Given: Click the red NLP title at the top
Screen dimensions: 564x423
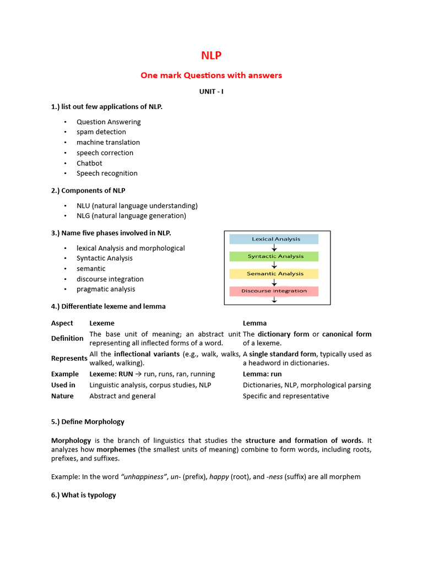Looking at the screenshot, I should [211, 56].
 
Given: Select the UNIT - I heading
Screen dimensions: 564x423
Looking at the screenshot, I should [211, 91].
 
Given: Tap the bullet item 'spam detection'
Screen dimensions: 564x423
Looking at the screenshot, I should [101, 132].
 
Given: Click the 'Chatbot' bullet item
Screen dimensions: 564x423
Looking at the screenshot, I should [89, 163].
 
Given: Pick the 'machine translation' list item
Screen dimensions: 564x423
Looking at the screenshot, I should [108, 143].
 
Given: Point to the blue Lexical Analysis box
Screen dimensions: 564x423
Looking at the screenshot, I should [274, 239].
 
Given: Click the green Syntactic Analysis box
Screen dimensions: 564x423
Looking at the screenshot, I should [274, 256].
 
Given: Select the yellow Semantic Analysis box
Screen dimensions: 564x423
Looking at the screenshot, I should [274, 274].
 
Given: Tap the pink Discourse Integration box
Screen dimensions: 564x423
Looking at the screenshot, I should [274, 291].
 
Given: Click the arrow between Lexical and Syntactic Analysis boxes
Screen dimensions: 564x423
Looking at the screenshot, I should [274, 248].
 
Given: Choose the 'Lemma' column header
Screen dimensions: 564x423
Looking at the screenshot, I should [254, 323].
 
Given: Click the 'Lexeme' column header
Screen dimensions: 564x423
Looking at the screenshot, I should [102, 323].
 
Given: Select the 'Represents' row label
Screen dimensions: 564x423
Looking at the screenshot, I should [69, 358].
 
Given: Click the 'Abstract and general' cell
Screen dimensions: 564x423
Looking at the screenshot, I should [122, 396].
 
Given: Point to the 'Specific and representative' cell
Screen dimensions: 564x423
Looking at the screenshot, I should [286, 396].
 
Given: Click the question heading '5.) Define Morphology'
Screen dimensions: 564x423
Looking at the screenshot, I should [88, 422].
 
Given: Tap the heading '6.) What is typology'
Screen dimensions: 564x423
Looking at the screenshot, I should [84, 495].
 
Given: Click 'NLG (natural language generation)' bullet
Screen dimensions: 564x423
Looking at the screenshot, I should [131, 216].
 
